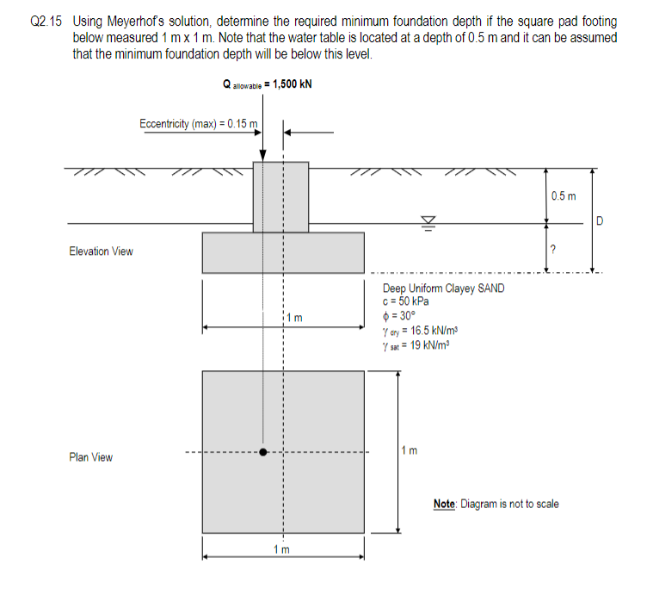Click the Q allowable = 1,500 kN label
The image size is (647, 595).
pyautogui.click(x=267, y=84)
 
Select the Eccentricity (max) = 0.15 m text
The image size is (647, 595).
pyautogui.click(x=198, y=124)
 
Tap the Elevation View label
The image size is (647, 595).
pyautogui.click(x=101, y=251)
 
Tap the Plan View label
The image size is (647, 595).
pyautogui.click(x=90, y=457)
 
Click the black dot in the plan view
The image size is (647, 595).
pyautogui.click(x=264, y=451)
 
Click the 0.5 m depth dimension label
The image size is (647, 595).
pyautogui.click(x=563, y=197)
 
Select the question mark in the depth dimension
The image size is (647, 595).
pyautogui.click(x=552, y=250)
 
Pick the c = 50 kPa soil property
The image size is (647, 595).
pyautogui.click(x=406, y=301)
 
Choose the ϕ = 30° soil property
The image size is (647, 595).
pyautogui.click(x=401, y=313)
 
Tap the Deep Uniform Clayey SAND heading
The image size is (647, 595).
pyautogui.click(x=443, y=288)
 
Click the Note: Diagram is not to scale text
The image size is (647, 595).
pyautogui.click(x=496, y=504)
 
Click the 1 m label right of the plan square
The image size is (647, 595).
pyautogui.click(x=411, y=451)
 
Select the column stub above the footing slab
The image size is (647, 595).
pyautogui.click(x=280, y=196)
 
